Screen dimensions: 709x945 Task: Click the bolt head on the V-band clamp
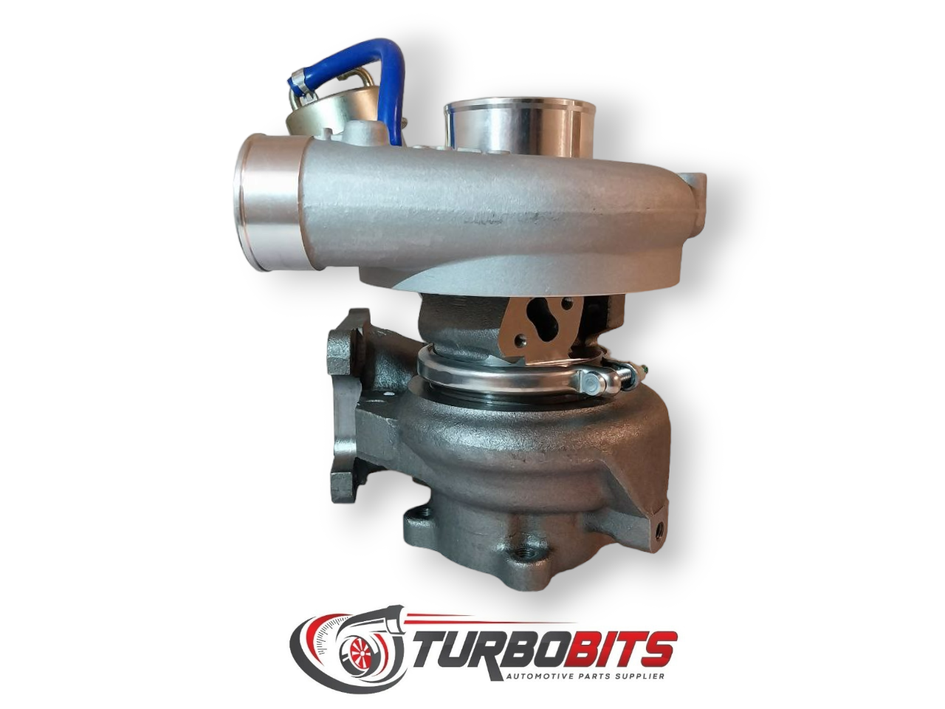594,380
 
